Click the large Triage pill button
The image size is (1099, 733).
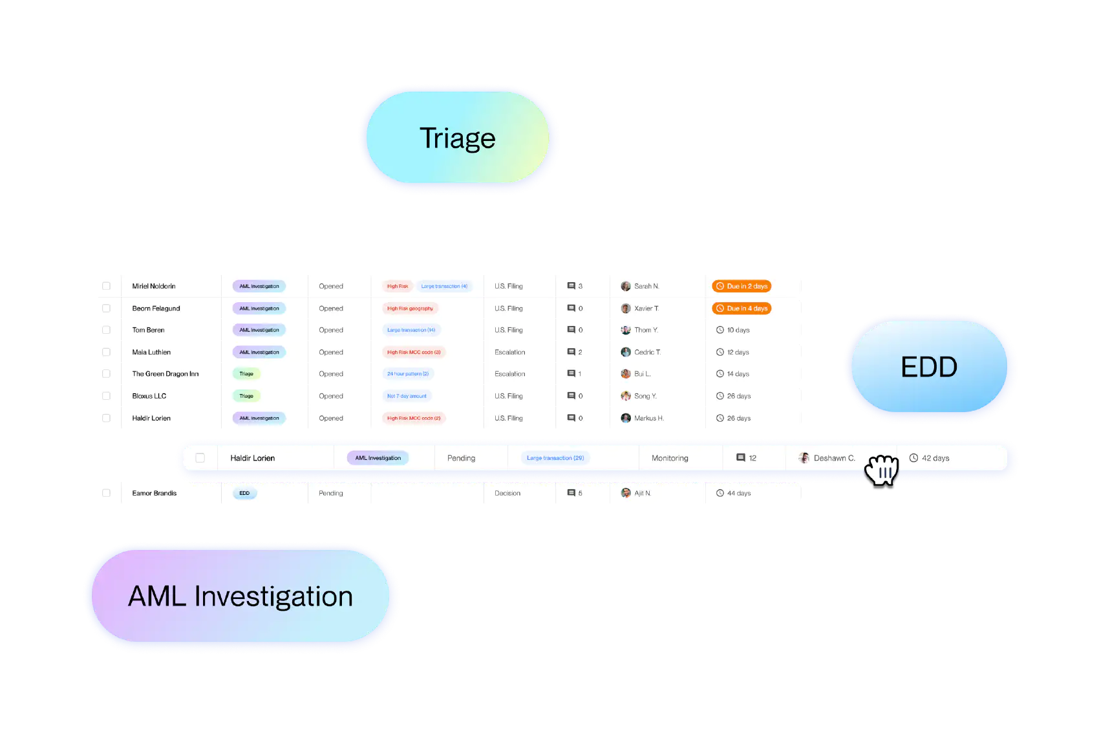[x=458, y=138]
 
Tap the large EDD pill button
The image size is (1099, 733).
[x=929, y=367]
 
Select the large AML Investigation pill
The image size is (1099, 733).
[x=240, y=596]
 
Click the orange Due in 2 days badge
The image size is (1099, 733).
[x=742, y=286]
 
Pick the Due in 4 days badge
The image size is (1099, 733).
[x=742, y=309]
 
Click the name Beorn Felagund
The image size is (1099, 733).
[x=156, y=309]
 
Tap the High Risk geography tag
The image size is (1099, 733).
[x=410, y=309]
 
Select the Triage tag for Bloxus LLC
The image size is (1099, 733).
[x=246, y=396]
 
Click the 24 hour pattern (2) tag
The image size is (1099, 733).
[x=407, y=374]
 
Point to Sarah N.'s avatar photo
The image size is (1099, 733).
[x=626, y=286]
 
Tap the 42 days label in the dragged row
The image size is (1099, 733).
[x=935, y=458]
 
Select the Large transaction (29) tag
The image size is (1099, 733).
[x=555, y=458]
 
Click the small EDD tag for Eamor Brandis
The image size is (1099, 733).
[x=244, y=493]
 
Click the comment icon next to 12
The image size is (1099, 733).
[x=741, y=458]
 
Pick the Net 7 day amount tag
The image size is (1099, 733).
[x=407, y=396]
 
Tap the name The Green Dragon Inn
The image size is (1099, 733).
[x=165, y=374]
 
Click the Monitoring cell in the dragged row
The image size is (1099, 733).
[x=670, y=458]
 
